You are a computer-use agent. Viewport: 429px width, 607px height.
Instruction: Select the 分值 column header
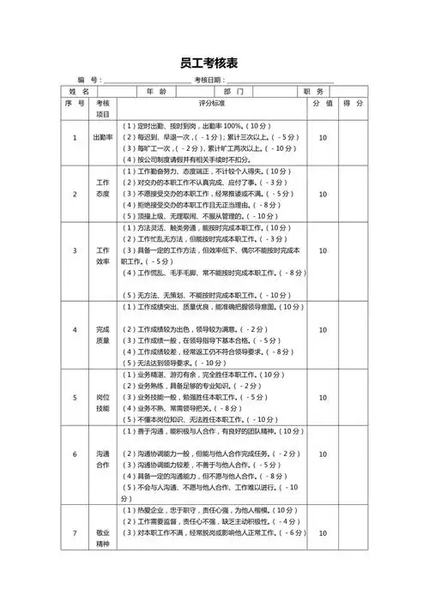323,103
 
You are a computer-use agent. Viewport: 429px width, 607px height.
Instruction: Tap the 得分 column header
353,103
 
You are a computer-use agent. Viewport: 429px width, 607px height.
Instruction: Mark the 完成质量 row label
103,329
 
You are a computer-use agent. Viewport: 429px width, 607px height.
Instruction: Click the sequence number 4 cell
75,329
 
